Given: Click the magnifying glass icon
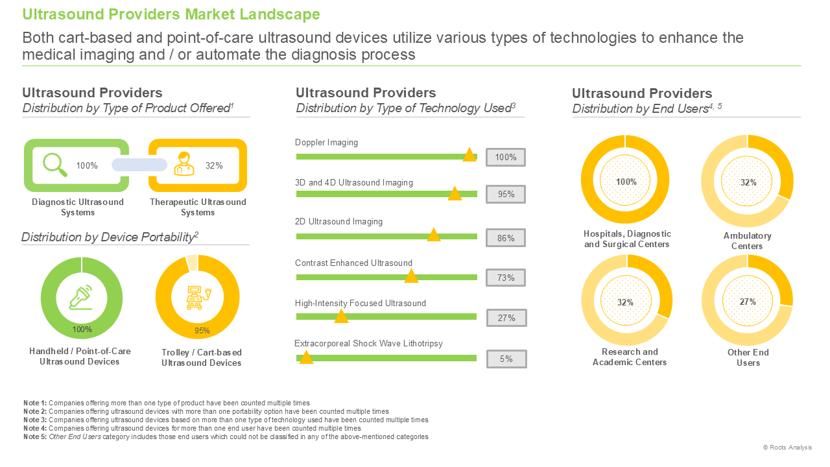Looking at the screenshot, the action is pos(55,165).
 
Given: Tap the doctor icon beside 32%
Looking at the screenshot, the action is pos(184,163).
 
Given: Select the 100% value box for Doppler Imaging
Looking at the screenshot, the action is pos(506,157).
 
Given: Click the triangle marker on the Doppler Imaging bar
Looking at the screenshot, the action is pos(469,154).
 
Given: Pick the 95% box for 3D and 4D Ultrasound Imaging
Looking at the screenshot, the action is pos(506,194).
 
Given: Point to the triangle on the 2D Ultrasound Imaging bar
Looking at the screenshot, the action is pos(434,235).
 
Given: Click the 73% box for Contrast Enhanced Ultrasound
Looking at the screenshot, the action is pos(506,278).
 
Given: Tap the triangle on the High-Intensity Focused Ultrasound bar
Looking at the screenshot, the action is pos(341,316).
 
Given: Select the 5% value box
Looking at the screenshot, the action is pos(506,359).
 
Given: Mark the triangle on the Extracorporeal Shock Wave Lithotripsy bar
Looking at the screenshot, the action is pos(306,357).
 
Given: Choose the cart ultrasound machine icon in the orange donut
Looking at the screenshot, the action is pos(198,297).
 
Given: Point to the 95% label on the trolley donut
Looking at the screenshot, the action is pos(202,331).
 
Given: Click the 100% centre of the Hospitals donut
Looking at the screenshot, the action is pos(626,182).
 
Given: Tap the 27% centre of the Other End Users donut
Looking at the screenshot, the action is pos(748,302).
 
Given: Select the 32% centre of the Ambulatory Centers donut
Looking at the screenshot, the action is pos(748,182).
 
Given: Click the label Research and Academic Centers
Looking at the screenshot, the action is pos(630,357).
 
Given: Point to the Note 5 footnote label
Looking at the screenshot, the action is pos(35,437).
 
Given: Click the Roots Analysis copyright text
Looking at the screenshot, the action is pos(787,448).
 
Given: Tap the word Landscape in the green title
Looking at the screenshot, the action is pos(279,14).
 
